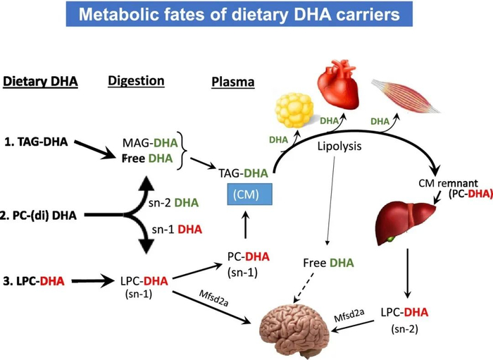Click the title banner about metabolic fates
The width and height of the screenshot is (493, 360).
pyautogui.click(x=246, y=15)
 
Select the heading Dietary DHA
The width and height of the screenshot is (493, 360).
pyautogui.click(x=40, y=82)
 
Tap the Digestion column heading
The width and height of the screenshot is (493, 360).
pyautogui.click(x=136, y=81)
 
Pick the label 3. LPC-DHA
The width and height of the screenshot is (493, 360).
pyautogui.click(x=39, y=281)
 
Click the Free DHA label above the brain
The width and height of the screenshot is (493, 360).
pyautogui.click(x=328, y=263)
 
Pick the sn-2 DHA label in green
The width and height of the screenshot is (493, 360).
pyautogui.click(x=177, y=203)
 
